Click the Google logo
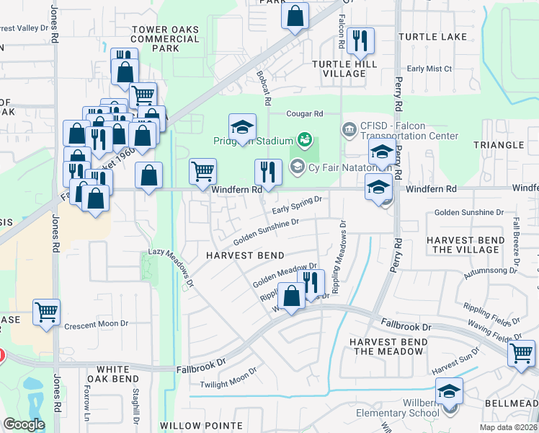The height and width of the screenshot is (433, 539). click(x=23, y=424)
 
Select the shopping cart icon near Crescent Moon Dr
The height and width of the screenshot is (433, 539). click(x=47, y=312)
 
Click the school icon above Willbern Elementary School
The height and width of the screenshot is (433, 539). click(x=450, y=391)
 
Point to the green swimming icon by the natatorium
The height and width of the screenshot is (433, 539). click(x=304, y=139)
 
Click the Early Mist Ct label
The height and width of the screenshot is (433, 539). click(x=429, y=69)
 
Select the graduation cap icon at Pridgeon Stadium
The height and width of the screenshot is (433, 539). click(x=243, y=128)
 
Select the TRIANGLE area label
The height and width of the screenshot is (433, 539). click(x=499, y=145)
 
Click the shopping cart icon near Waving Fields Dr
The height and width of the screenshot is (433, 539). click(x=521, y=354)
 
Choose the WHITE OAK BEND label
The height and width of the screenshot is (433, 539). click(x=112, y=374)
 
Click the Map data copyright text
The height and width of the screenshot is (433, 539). click(x=509, y=427)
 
